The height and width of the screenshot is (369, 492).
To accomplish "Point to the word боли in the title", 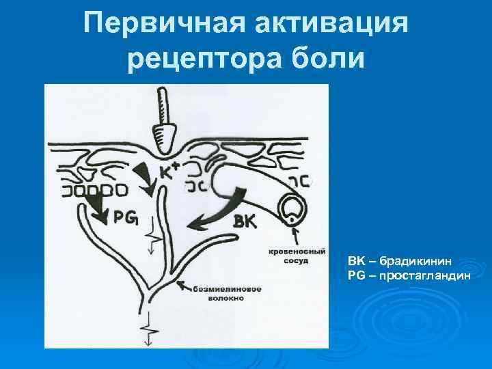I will (x=329, y=60).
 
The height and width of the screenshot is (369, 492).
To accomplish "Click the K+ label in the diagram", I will (x=169, y=170).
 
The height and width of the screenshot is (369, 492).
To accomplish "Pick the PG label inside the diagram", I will (x=125, y=217).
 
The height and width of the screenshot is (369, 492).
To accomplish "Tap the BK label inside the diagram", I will (x=245, y=220).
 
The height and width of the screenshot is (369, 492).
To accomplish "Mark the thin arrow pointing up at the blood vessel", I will (x=296, y=235).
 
